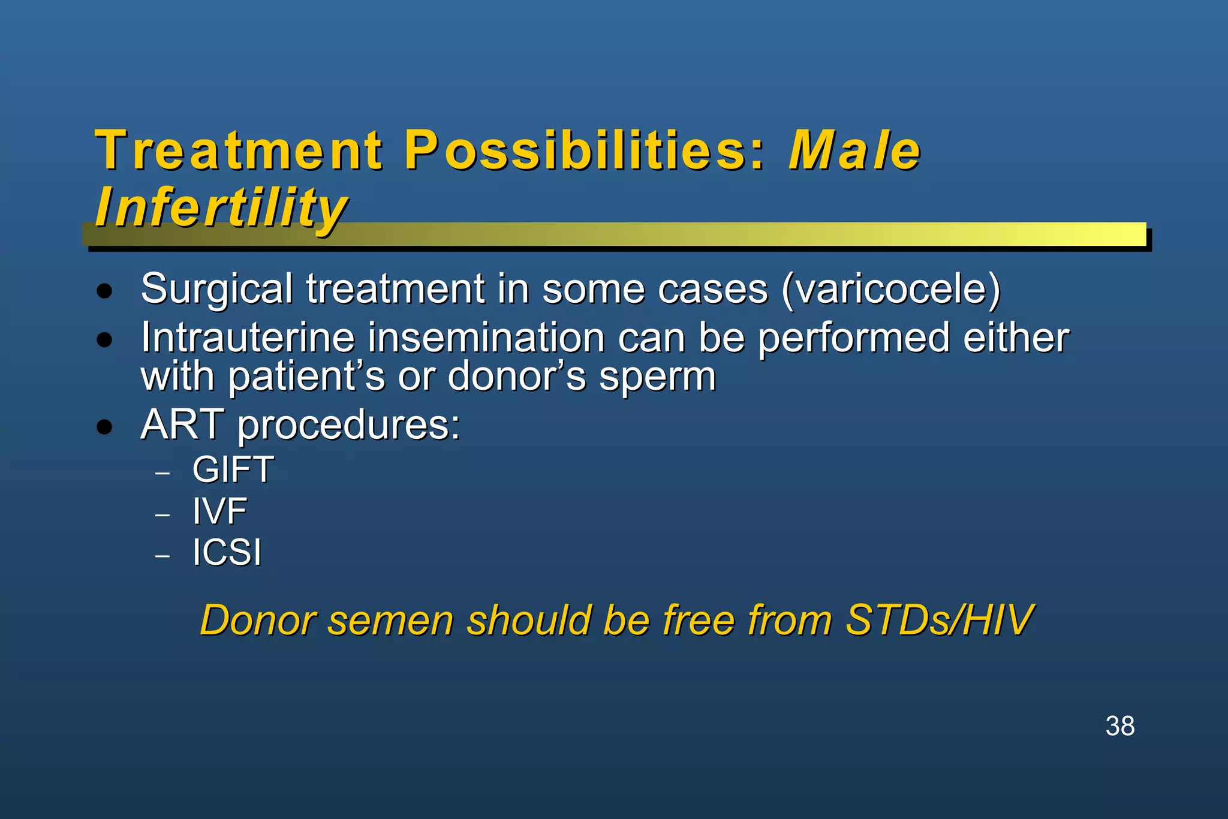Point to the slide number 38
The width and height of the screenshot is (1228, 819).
[x=1119, y=726]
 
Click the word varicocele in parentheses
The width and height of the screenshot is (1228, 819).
[x=891, y=290]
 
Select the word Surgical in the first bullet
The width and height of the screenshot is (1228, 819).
[x=216, y=290]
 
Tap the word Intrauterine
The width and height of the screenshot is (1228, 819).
[x=248, y=338]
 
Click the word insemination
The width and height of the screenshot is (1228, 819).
[x=486, y=338]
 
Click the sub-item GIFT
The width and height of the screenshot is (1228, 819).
[x=233, y=469]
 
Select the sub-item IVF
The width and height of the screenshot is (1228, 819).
[x=219, y=511]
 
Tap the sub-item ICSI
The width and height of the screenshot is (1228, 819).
[x=227, y=552]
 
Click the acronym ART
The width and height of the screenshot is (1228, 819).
[x=182, y=425]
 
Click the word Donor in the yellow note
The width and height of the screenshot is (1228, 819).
[x=258, y=620]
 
